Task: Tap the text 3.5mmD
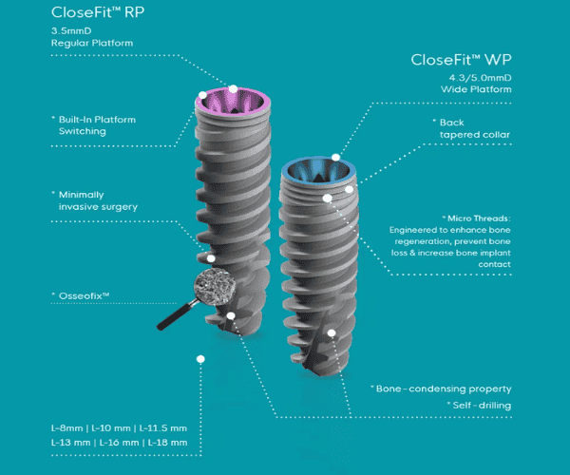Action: pyautogui.click(x=68, y=30)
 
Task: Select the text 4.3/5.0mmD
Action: pyautogui.click(x=481, y=77)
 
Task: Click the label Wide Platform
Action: pyautogui.click(x=481, y=89)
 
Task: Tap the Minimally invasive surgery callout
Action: pyautogui.click(x=95, y=199)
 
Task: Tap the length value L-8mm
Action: pyautogui.click(x=66, y=428)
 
